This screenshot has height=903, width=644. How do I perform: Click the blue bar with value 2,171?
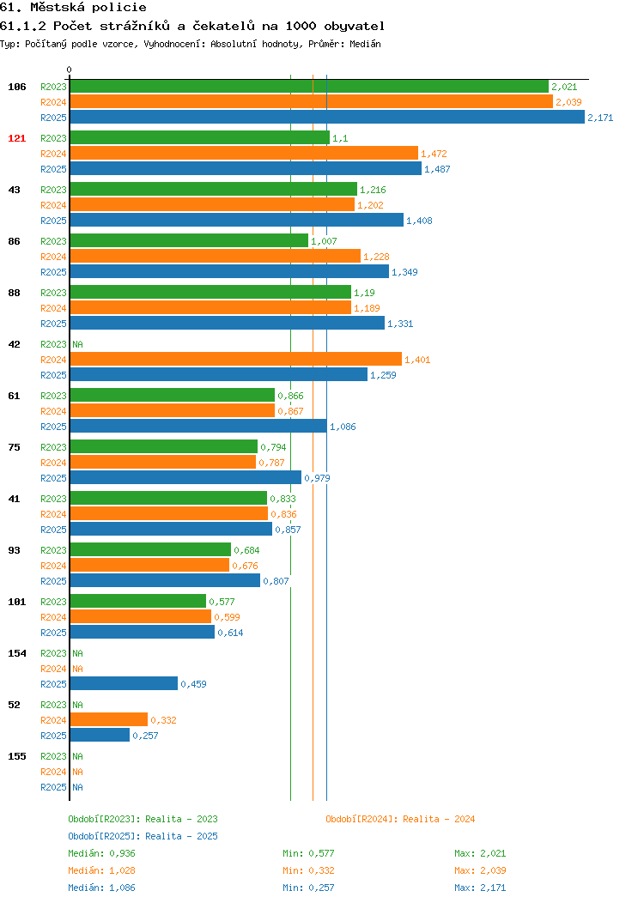327,117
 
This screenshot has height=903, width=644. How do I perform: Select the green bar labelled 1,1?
200,137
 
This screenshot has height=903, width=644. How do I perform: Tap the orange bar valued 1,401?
235,360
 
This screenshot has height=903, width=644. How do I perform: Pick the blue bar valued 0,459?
124,683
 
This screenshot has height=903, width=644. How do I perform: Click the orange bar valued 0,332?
109,720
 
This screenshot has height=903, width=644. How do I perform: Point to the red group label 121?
16,138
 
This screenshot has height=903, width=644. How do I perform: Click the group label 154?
16,653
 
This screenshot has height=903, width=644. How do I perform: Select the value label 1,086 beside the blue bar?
343,427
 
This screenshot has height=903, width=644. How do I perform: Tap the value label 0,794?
273,447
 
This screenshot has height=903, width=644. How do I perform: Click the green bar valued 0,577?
137,601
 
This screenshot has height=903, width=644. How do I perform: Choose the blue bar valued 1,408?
237,220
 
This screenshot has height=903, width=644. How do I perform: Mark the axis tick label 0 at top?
70,70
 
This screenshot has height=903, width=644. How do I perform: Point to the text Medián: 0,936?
101,853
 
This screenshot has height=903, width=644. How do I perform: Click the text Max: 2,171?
480,888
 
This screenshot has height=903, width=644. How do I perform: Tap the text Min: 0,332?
308,870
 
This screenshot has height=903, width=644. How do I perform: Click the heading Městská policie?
88,8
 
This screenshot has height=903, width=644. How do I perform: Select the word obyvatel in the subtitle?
355,26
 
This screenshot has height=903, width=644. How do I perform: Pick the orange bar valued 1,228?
216,257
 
